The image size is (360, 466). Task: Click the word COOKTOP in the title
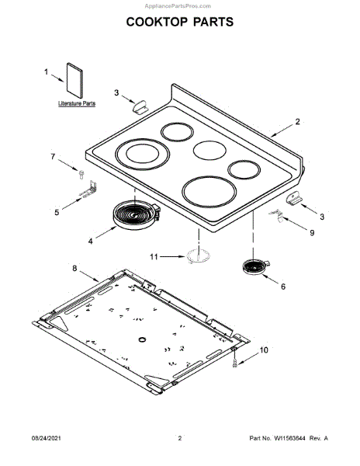pyautogui.click(x=157, y=22)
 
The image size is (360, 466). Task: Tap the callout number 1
pyautogui.click(x=46, y=72)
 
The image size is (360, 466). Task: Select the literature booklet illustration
pyautogui.click(x=74, y=80)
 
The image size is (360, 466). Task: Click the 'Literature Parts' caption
pyautogui.click(x=77, y=103)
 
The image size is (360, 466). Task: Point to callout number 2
pyautogui.click(x=297, y=122)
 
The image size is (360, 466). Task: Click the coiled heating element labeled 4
pyautogui.click(x=137, y=214)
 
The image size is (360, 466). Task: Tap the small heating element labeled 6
pyautogui.click(x=255, y=266)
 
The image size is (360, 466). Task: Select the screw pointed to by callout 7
pyautogui.click(x=81, y=174)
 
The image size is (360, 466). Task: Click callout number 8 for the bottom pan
pyautogui.click(x=74, y=268)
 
